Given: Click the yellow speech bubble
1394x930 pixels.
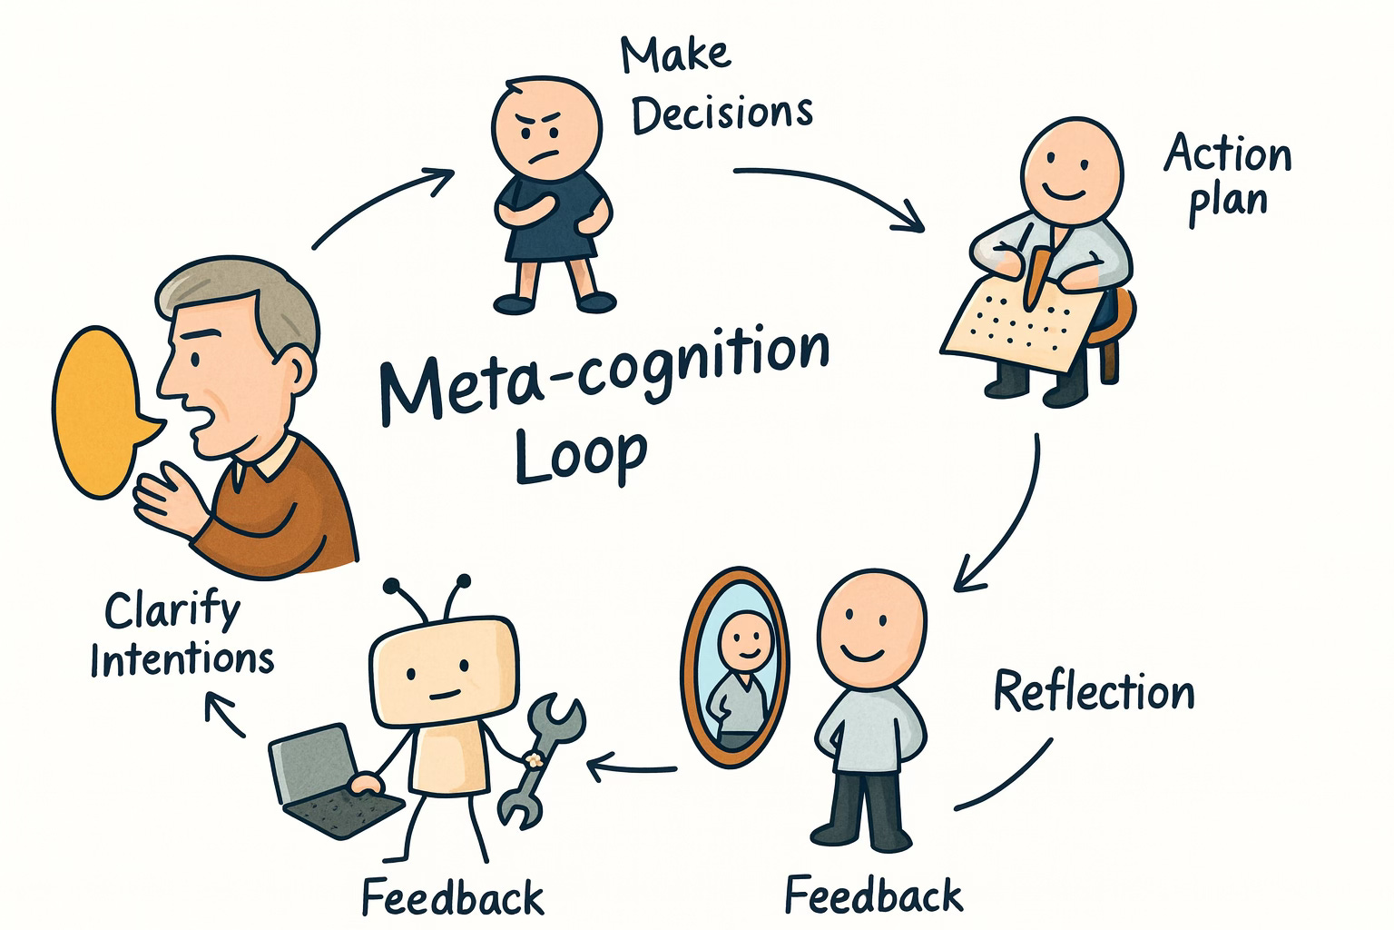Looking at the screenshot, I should [x=100, y=413].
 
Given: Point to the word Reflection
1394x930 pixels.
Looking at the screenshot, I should [x=1094, y=693].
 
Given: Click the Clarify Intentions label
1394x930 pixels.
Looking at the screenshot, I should [x=182, y=636].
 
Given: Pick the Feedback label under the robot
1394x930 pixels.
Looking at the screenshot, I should [x=453, y=897].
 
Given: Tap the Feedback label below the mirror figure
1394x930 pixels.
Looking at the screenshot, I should [x=873, y=895].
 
